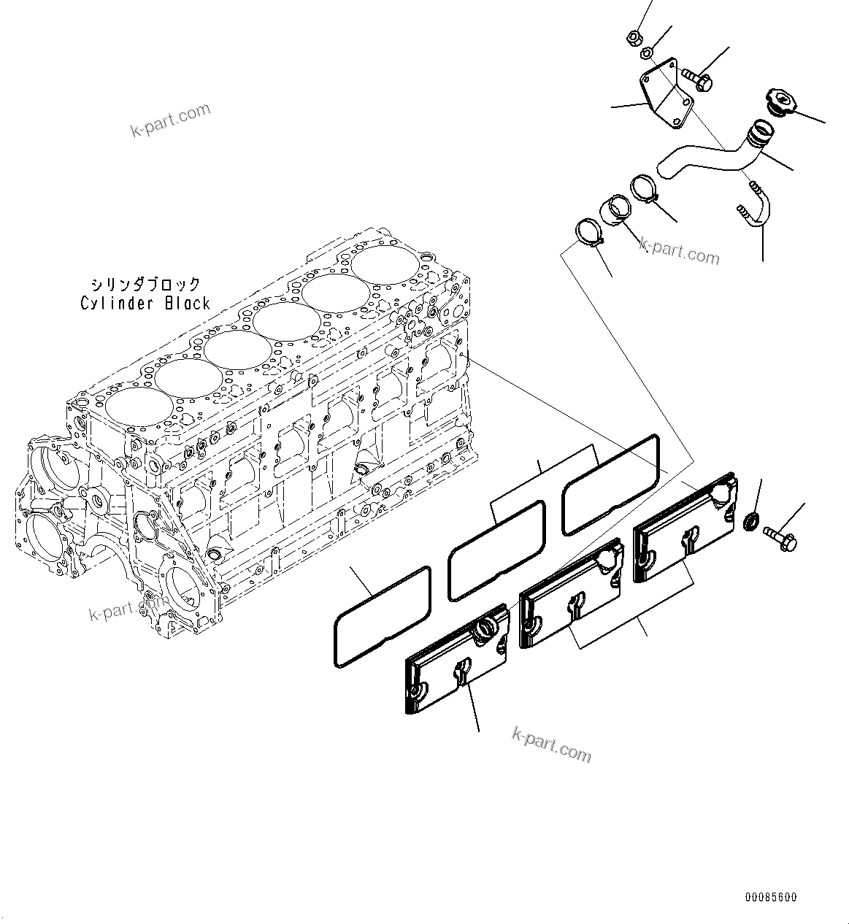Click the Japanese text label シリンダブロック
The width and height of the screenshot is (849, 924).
[x=145, y=284]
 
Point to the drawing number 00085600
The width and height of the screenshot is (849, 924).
[x=771, y=897]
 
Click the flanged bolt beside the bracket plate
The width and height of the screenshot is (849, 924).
[x=697, y=78]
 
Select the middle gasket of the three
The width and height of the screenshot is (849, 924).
[x=496, y=550]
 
